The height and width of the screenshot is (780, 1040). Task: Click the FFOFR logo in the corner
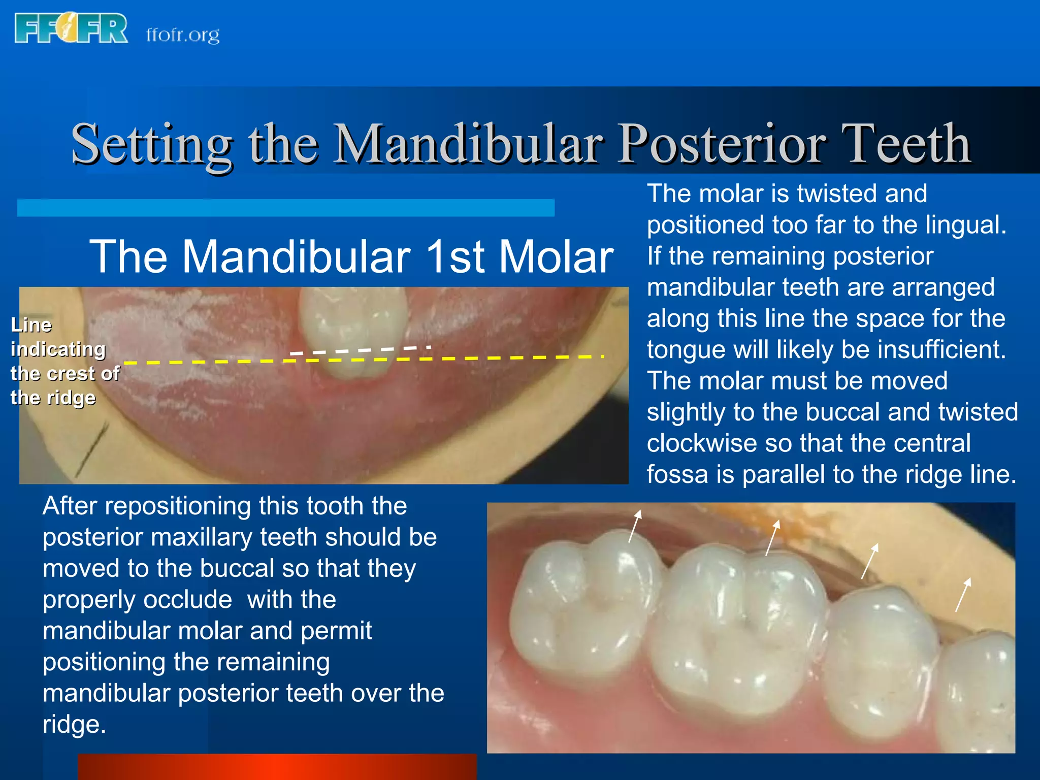click(x=71, y=29)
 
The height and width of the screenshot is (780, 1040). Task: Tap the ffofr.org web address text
click(x=183, y=35)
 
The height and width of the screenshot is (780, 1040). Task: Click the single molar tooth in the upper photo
click(x=353, y=330)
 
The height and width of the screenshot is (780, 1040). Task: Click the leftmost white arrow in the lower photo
click(x=635, y=526)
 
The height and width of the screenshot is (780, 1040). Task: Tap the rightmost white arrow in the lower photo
click(x=963, y=594)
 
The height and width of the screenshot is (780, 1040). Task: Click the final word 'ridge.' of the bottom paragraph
click(x=74, y=725)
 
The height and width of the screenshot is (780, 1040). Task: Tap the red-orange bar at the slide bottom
click(x=277, y=767)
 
